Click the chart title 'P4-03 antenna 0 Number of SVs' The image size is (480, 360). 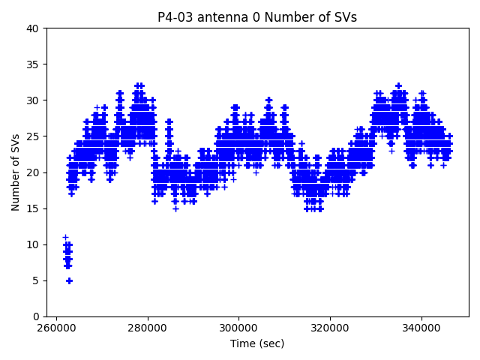tap(257, 17)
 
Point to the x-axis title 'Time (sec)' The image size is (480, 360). tap(257, 343)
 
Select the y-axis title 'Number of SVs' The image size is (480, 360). tap(16, 172)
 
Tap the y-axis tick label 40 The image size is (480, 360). tap(33, 28)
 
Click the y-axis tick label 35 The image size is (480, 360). tap(33, 64)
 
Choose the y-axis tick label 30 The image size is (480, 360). tap(33, 100)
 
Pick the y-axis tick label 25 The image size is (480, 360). tap(33, 136)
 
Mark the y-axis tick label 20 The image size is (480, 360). tap(33, 172)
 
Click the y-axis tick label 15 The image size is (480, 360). tap(33, 208)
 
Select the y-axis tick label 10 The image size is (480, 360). tap(33, 244)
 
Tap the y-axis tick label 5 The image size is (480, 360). tap(36, 280)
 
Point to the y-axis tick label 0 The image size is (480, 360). tap(36, 316)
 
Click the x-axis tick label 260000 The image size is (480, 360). tap(56, 328)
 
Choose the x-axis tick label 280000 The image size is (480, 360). tap(148, 328)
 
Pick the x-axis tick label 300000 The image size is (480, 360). tap(239, 328)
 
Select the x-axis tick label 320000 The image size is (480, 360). tap(330, 328)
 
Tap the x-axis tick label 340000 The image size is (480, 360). tap(421, 328)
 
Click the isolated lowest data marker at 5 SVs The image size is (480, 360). tap(69, 280)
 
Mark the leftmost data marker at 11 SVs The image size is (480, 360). tap(65, 237)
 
